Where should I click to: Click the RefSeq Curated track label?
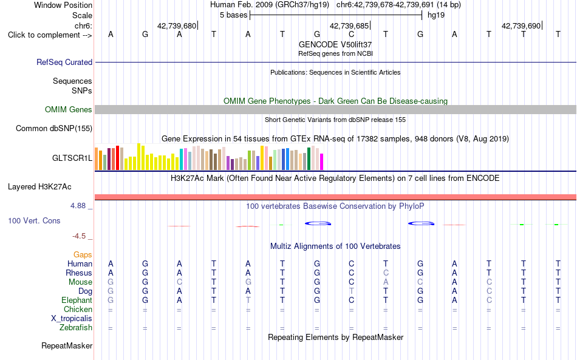point(64,62)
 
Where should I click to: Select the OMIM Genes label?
point(69,110)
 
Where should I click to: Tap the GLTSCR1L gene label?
point(72,158)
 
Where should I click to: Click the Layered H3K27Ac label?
point(39,187)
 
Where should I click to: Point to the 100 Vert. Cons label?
point(34,220)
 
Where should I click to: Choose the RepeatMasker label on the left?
point(67,345)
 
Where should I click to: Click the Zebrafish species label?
point(76,327)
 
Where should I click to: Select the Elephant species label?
point(77,300)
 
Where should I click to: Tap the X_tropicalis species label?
point(72,319)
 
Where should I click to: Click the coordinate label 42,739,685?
point(350,25)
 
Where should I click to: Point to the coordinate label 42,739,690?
point(521,25)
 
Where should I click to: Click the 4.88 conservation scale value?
point(78,206)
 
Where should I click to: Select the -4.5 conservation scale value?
point(79,236)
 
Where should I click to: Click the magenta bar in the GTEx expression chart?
point(322,162)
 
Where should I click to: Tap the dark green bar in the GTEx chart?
point(309,158)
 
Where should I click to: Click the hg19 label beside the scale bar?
point(436,15)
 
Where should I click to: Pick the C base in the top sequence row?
point(352,35)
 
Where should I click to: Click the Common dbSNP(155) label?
point(54,128)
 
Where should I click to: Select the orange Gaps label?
point(83,254)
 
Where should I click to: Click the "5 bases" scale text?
point(234,15)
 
